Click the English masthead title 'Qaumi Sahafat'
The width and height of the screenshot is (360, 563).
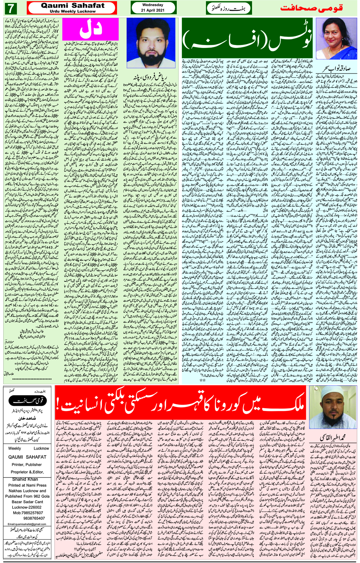[x=73, y=5]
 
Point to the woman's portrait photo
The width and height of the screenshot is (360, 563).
[x=336, y=39]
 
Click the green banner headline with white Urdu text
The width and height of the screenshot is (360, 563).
[x=248, y=38]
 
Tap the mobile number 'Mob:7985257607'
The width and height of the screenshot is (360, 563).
[x=27, y=513]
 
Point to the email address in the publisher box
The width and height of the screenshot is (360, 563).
[x=27, y=524]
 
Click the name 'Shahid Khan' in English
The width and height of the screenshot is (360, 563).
[x=25, y=479]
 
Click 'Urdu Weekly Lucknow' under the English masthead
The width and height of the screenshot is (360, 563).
[x=73, y=11]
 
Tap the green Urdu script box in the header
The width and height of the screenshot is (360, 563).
[x=229, y=8]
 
